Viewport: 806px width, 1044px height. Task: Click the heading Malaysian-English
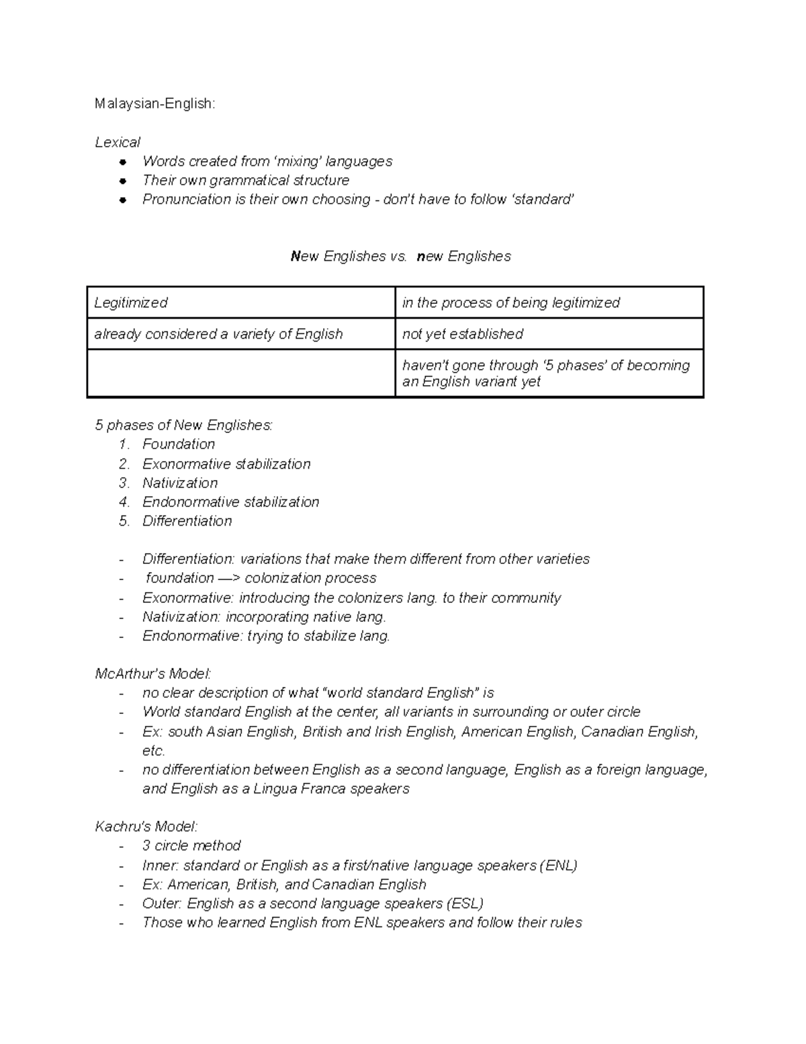coord(155,104)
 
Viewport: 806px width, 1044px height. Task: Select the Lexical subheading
coord(118,143)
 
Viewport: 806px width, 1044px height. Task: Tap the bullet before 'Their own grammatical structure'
coord(122,181)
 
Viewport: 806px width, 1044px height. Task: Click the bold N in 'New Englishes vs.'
coord(295,257)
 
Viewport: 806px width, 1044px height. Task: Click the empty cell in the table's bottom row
coord(240,373)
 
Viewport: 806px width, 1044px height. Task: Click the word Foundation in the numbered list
coord(179,444)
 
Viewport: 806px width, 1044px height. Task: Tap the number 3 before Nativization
coord(123,483)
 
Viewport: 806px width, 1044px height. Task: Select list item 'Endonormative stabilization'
coord(230,502)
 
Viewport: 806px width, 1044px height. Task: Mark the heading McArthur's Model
coord(153,674)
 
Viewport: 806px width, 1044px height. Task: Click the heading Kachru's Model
coord(146,827)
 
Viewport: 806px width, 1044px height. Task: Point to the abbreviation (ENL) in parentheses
coord(558,866)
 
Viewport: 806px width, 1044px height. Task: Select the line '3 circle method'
coord(191,846)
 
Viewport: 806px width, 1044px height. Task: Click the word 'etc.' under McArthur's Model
coord(153,751)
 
